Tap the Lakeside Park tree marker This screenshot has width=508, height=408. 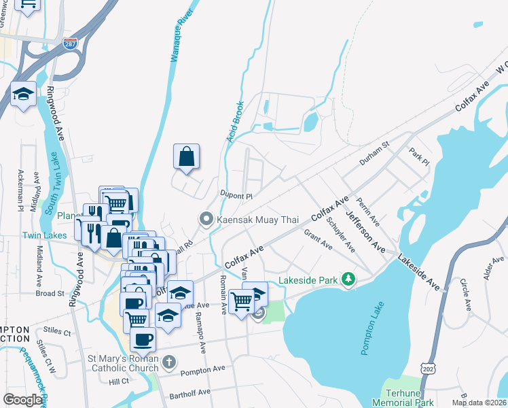349,279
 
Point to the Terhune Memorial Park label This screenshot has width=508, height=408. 403,398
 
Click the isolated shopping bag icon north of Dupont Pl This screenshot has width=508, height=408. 186,157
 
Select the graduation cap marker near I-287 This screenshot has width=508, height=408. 23,95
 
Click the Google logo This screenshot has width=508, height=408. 23,399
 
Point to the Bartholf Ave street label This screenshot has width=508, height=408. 190,392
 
